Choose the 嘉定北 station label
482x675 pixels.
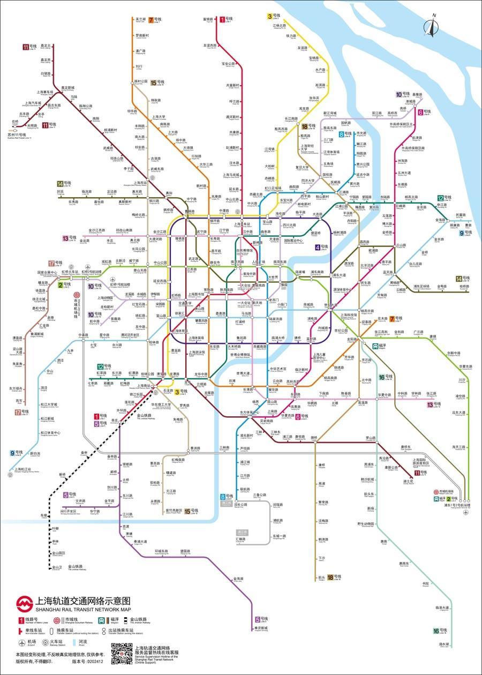pyautogui.click(x=46, y=46)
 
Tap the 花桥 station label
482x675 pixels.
pyautogui.click(x=16, y=122)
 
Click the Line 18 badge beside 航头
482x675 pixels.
pyautogui.click(x=330, y=577)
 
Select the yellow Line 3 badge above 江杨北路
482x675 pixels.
pyautogui.click(x=270, y=17)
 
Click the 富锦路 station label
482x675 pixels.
pyautogui.click(x=208, y=19)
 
